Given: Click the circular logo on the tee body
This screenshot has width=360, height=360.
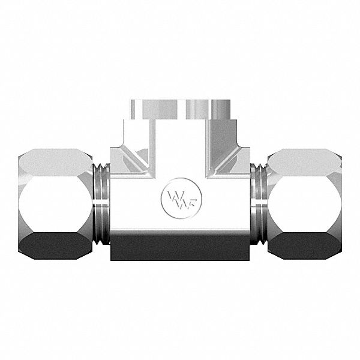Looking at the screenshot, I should (x=180, y=197).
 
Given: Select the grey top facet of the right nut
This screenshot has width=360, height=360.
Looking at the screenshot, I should (x=305, y=163).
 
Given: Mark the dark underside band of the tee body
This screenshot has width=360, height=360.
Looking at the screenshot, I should (x=180, y=247).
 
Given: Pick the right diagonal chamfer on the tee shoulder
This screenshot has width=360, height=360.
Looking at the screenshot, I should (x=230, y=157).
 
